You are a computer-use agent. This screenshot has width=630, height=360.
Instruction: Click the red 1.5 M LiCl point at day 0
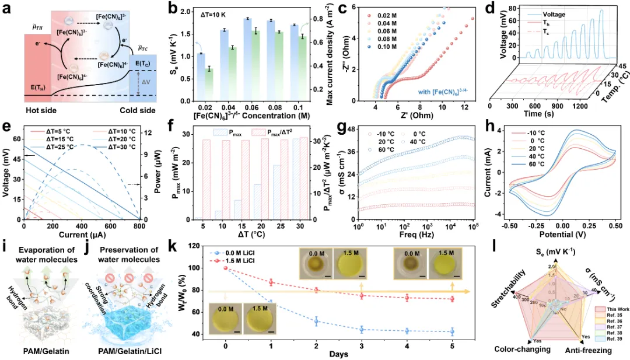(x=226, y=268)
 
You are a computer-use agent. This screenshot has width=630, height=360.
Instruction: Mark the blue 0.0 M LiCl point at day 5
(x=453, y=331)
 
